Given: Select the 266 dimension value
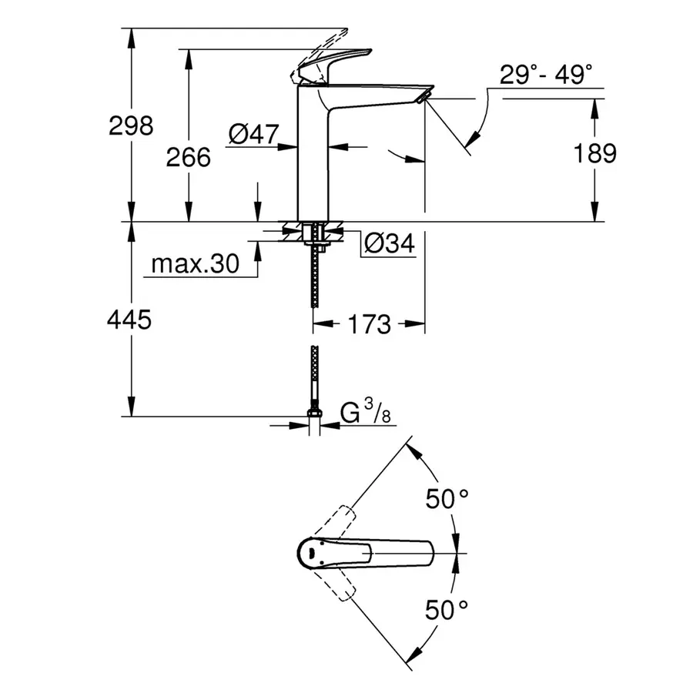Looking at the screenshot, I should coord(189,157).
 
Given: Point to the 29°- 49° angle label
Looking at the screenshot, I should coord(547,75).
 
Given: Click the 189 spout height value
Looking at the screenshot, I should coord(596,153).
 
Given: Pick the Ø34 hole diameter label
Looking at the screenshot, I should coord(389,244).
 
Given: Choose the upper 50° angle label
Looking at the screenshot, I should coord(447,499).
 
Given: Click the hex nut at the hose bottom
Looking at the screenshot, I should coord(314,417).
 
